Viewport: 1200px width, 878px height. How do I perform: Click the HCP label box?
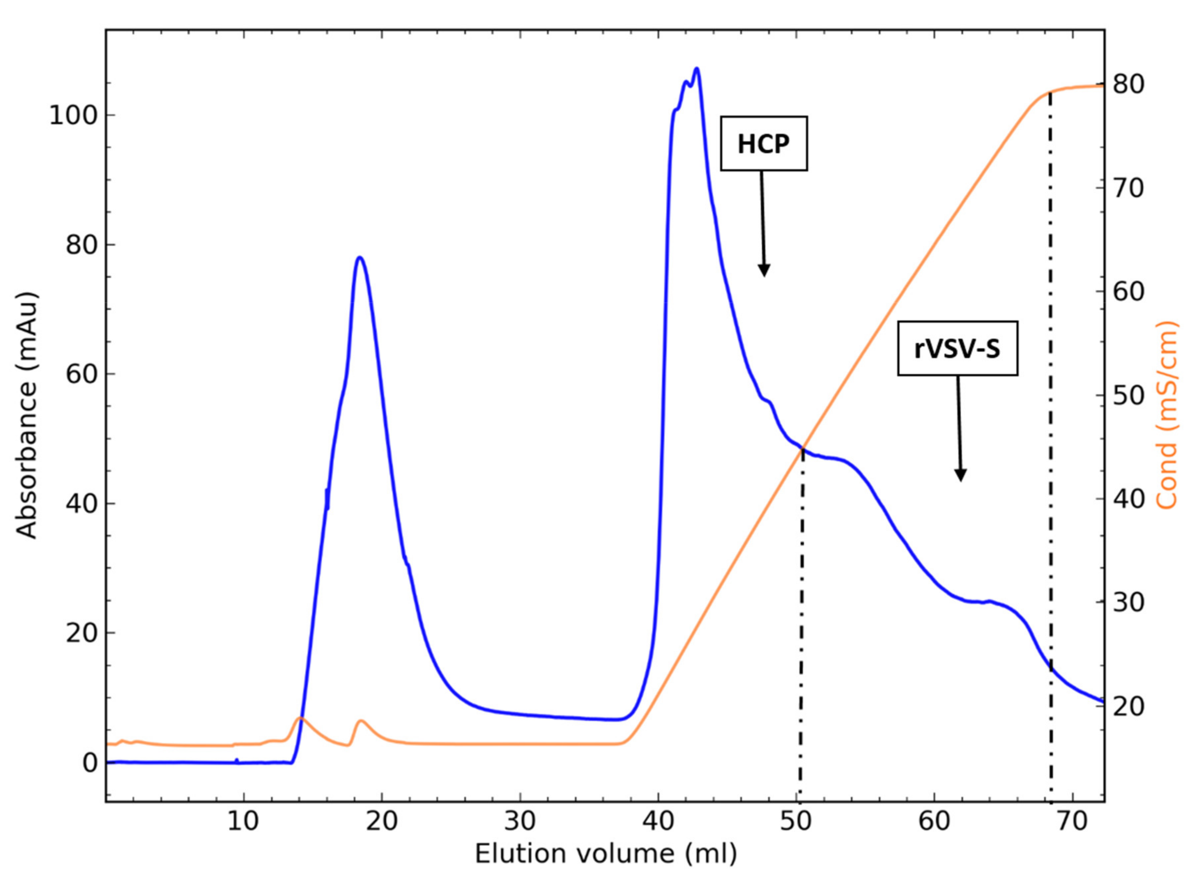[763, 143]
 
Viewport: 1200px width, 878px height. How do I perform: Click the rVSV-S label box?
[957, 349]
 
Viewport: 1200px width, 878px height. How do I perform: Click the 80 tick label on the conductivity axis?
[1127, 85]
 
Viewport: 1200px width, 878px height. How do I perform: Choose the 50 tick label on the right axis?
[1127, 396]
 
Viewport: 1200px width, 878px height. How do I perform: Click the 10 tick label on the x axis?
[243, 822]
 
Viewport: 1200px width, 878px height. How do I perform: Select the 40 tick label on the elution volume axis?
[658, 822]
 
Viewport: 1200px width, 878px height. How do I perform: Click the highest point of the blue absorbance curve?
[697, 68]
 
